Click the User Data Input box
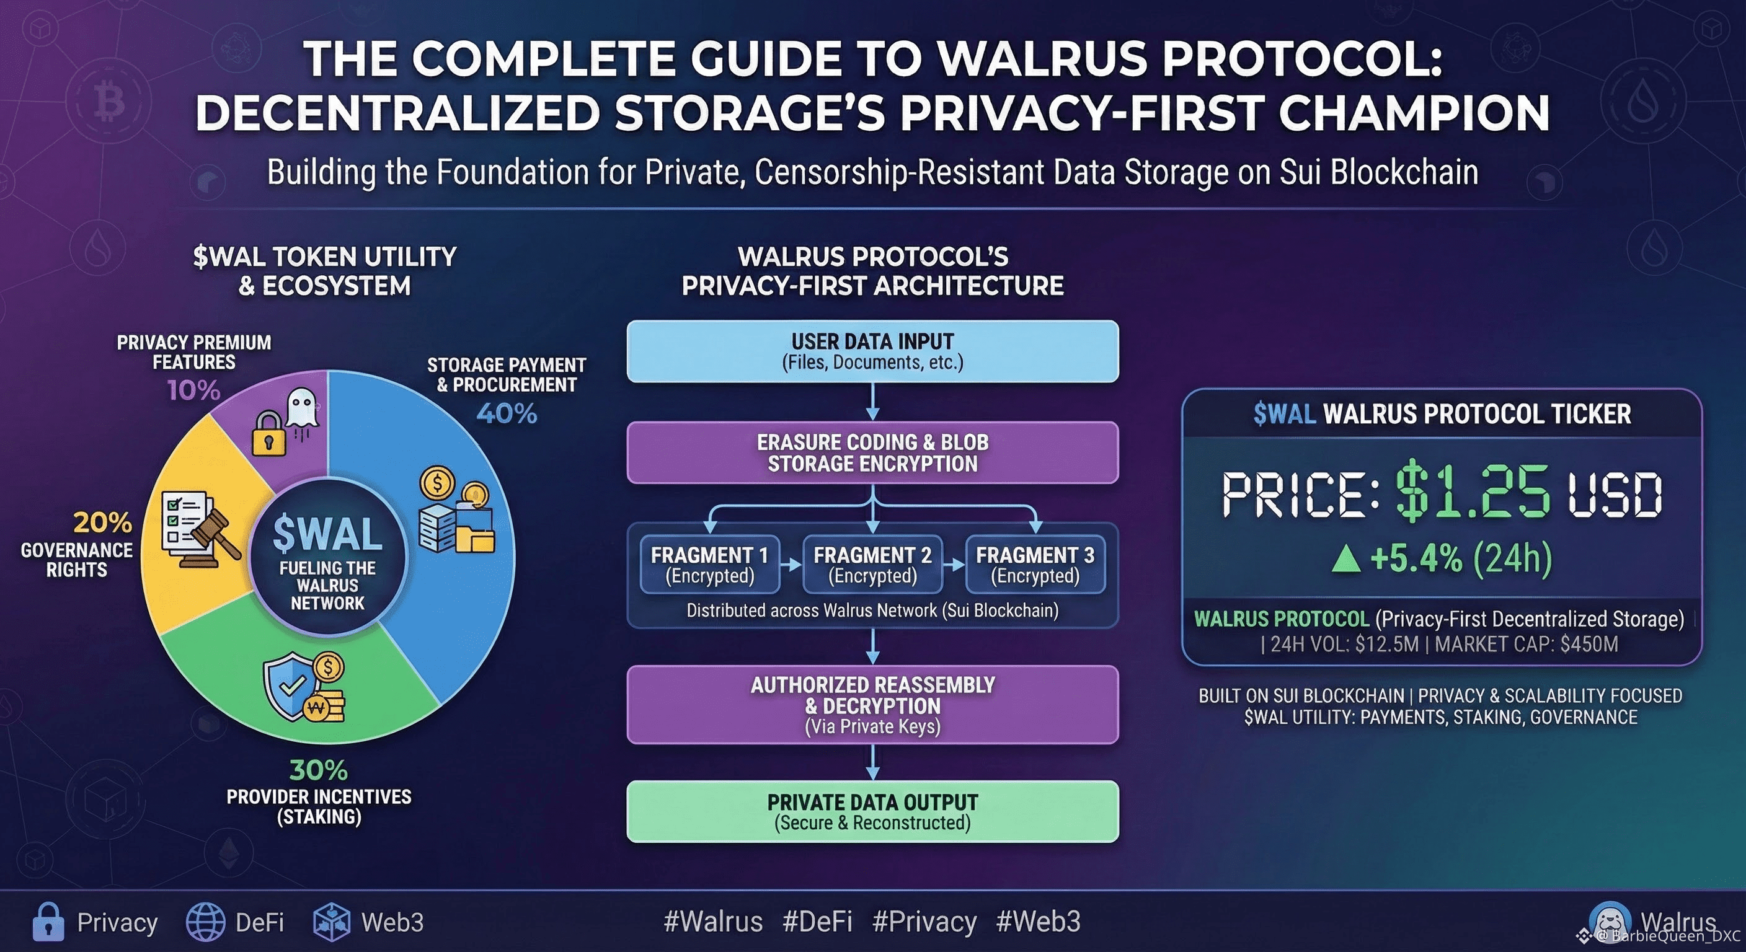click(872, 351)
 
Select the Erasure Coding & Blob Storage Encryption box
click(872, 452)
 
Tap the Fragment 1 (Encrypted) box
click(710, 565)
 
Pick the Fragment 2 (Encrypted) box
click(872, 565)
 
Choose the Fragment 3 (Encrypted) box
click(1035, 565)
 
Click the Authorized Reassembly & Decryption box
click(872, 705)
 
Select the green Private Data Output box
click(872, 812)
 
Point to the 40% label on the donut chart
click(507, 413)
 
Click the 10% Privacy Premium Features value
click(194, 390)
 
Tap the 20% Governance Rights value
click(102, 522)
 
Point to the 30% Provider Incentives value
click(319, 770)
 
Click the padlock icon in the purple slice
click(268, 434)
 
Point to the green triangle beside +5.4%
click(1345, 559)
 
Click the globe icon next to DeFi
click(205, 922)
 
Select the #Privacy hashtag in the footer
click(924, 922)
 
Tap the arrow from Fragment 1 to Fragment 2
click(791, 564)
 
